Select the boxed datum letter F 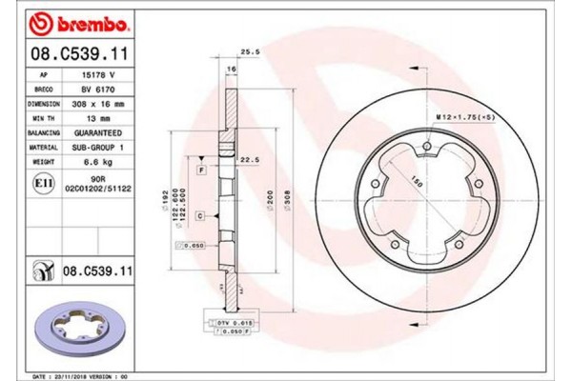pyautogui.click(x=201, y=169)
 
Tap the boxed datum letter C pyautogui.click(x=201, y=217)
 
